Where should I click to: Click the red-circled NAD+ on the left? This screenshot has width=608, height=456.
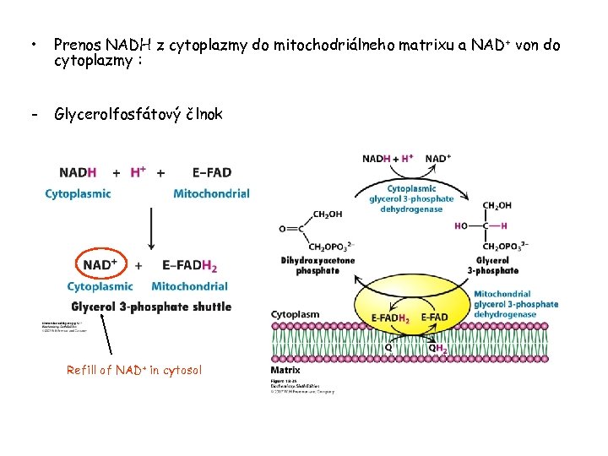coord(100,265)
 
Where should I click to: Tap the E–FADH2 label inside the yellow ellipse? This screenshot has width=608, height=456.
coord(391,318)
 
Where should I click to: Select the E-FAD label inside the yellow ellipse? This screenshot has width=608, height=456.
coord(435,318)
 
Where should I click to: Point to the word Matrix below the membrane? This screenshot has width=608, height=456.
coord(285,370)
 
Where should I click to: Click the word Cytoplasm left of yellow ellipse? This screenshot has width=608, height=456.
coord(296,315)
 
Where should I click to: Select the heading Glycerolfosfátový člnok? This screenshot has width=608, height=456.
coord(138,114)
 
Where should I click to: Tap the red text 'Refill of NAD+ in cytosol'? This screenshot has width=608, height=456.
coord(134,370)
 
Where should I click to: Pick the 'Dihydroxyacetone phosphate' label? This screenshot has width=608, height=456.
coord(318,265)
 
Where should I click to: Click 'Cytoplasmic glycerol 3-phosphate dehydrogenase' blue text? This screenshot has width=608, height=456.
coord(411,198)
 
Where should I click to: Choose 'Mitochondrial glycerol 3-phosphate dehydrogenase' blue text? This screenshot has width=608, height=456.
coord(516,304)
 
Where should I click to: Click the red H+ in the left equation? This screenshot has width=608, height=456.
coord(138,172)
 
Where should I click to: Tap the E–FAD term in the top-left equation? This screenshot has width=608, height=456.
coord(211,172)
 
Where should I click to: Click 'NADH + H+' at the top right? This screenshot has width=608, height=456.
coord(388,159)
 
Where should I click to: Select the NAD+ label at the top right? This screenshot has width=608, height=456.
coord(437,159)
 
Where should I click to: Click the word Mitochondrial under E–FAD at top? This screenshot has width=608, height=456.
coord(211,193)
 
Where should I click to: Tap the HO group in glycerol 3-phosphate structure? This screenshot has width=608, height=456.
coord(461,225)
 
